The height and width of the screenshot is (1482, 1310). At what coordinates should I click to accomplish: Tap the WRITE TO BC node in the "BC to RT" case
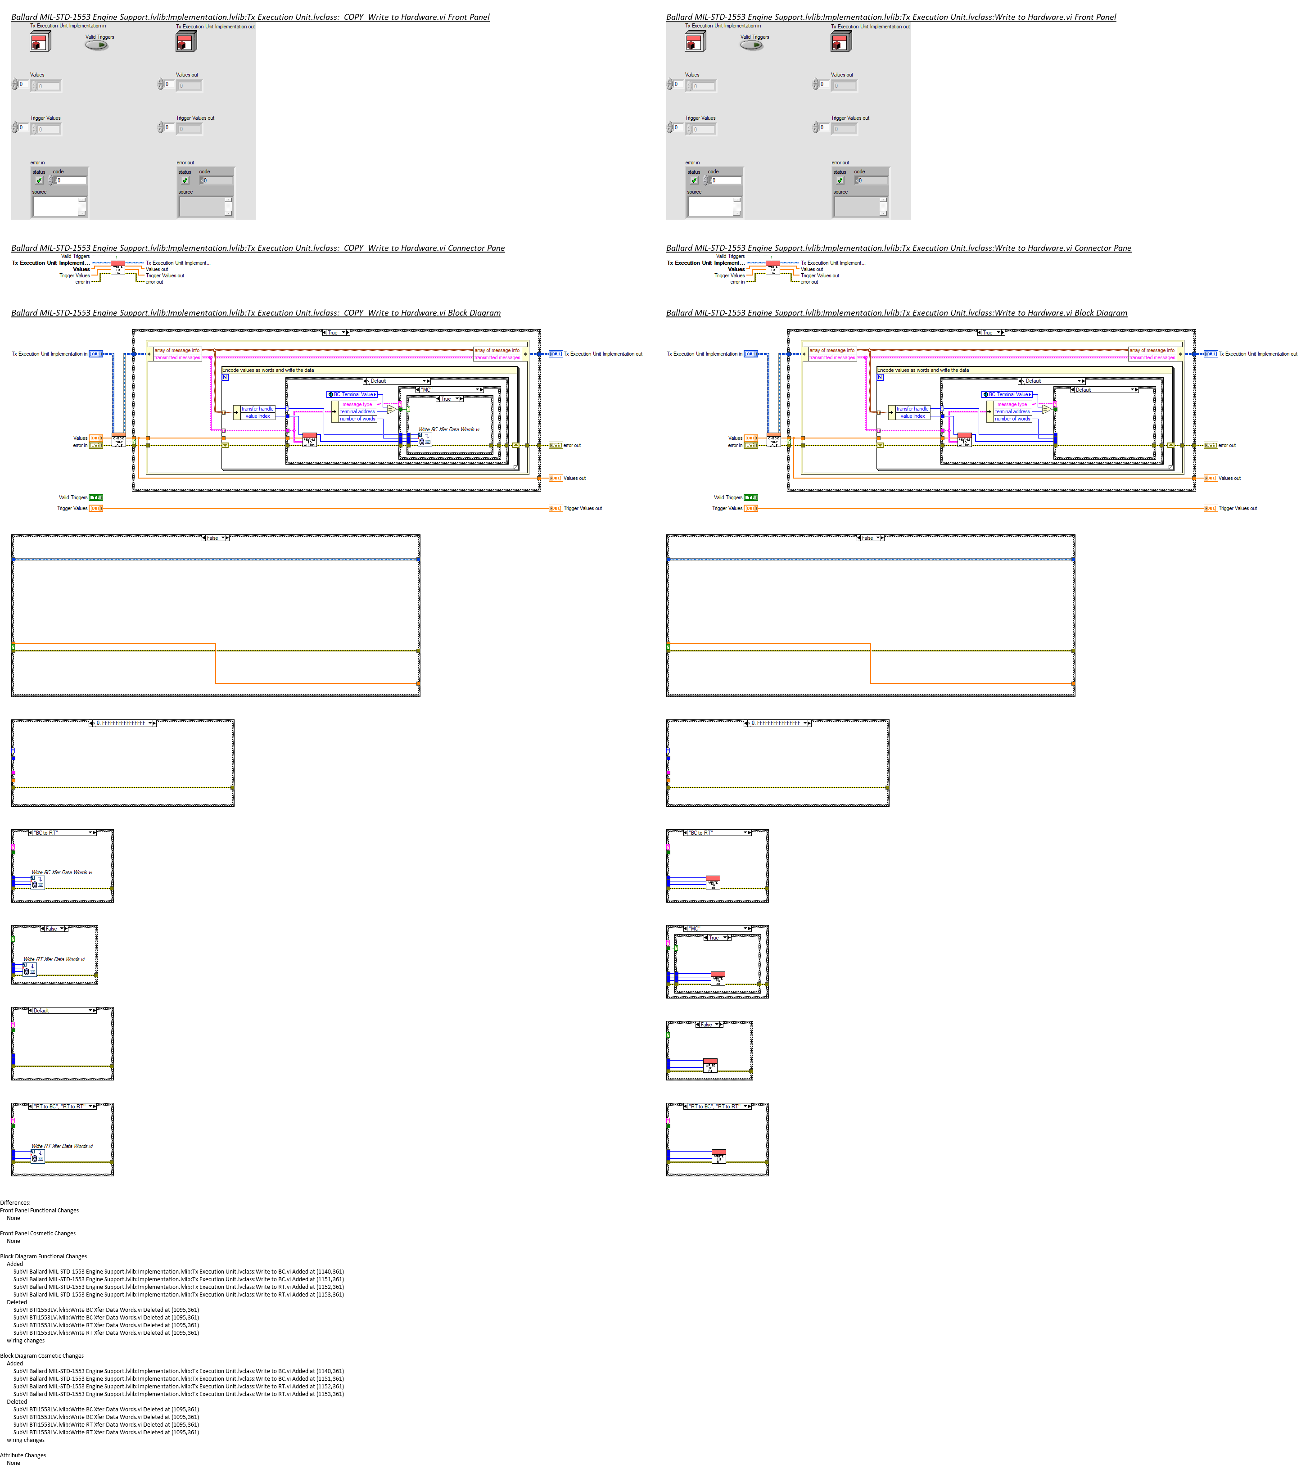[x=713, y=882]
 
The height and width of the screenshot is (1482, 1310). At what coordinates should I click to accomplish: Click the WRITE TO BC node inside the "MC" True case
[x=718, y=978]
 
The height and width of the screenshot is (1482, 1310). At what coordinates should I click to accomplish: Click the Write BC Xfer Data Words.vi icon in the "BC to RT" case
[x=38, y=882]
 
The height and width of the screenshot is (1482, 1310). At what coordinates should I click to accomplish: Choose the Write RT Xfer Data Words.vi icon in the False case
[x=30, y=969]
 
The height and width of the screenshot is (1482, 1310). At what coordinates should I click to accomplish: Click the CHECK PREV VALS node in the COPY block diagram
[x=118, y=440]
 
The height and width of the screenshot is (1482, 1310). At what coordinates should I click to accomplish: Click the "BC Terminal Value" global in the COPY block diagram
[x=352, y=394]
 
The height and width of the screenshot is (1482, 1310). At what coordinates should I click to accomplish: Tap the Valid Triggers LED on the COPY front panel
[x=96, y=45]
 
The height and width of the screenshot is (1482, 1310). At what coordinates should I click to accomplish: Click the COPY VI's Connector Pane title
[x=257, y=248]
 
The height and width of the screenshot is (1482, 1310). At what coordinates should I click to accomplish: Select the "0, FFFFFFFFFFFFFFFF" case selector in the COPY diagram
[x=122, y=723]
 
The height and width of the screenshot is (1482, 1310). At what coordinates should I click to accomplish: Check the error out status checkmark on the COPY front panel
[x=185, y=181]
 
